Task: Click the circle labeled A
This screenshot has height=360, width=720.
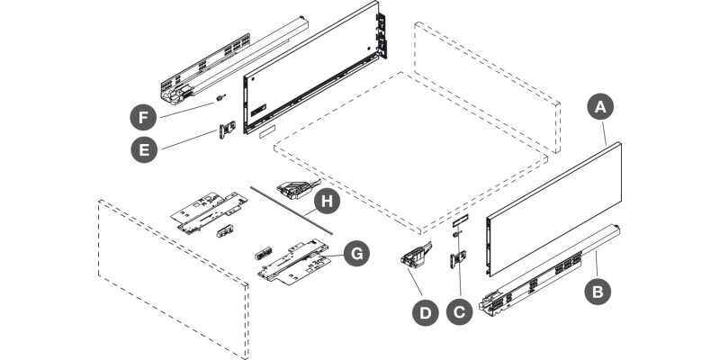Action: coord(600,106)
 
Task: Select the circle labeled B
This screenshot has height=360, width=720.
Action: coord(597,291)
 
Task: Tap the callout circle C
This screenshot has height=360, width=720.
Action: coord(460,311)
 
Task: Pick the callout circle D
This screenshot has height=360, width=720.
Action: coord(426,312)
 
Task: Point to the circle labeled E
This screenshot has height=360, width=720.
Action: coord(144,149)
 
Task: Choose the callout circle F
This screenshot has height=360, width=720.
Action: coord(143,117)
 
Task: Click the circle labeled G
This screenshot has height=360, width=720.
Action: coord(356,253)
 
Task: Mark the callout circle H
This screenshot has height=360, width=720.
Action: coord(327,202)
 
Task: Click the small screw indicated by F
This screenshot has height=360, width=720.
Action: coord(220,97)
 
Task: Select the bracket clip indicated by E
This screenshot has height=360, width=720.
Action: coord(228,130)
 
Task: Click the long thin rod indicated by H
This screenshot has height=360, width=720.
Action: coord(291,210)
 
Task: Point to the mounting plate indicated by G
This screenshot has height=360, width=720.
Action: coord(295,262)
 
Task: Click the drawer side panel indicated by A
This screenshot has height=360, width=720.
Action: coord(553,209)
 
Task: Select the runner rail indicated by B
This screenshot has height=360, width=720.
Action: coord(550,271)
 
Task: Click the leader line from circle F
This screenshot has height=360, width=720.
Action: coord(187,110)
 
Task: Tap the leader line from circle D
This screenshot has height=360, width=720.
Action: coord(415,283)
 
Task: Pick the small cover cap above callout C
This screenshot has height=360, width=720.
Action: coord(460,220)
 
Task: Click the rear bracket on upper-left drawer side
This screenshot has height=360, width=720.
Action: coord(381,36)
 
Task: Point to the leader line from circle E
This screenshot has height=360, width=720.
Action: coord(189,139)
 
